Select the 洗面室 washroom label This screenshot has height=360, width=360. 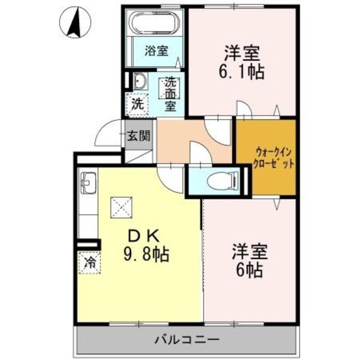pyautogui.click(x=170, y=94)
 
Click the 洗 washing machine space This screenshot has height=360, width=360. pyautogui.click(x=138, y=102)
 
